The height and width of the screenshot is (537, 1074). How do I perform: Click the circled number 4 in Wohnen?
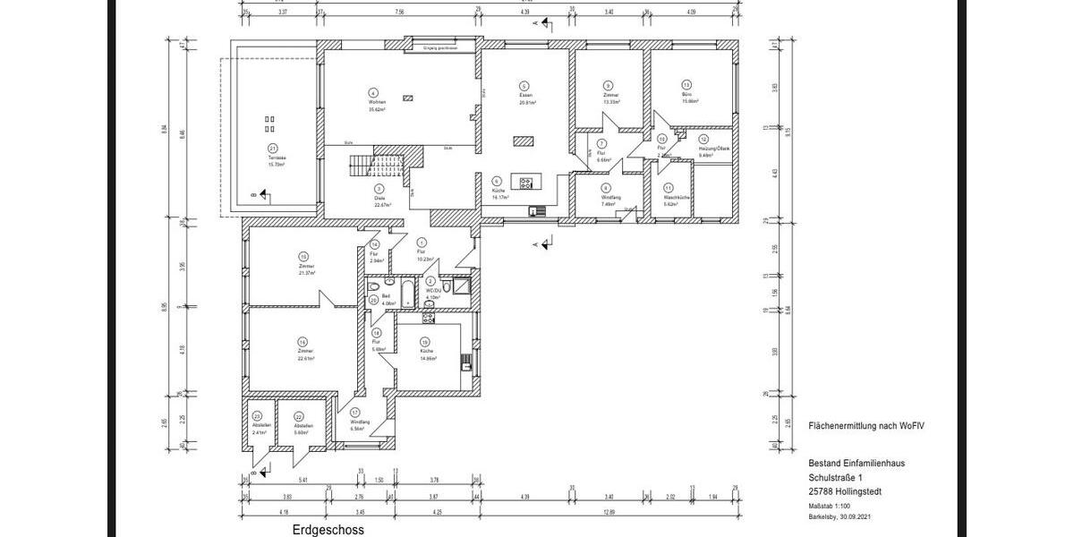click(373, 92)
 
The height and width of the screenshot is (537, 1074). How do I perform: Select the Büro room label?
click(686, 95)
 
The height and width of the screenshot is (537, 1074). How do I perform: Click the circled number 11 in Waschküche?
click(669, 187)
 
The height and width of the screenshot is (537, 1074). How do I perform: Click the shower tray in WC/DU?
click(461, 286)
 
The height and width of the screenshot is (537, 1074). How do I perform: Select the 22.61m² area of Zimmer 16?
click(306, 358)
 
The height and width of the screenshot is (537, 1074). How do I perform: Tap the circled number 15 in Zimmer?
click(304, 255)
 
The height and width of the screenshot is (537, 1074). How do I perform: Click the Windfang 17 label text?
click(360, 422)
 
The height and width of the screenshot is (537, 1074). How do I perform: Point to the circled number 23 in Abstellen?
click(257, 416)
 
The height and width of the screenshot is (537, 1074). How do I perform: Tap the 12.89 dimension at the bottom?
click(609, 511)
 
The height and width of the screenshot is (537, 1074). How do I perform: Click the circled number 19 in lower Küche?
click(424, 341)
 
